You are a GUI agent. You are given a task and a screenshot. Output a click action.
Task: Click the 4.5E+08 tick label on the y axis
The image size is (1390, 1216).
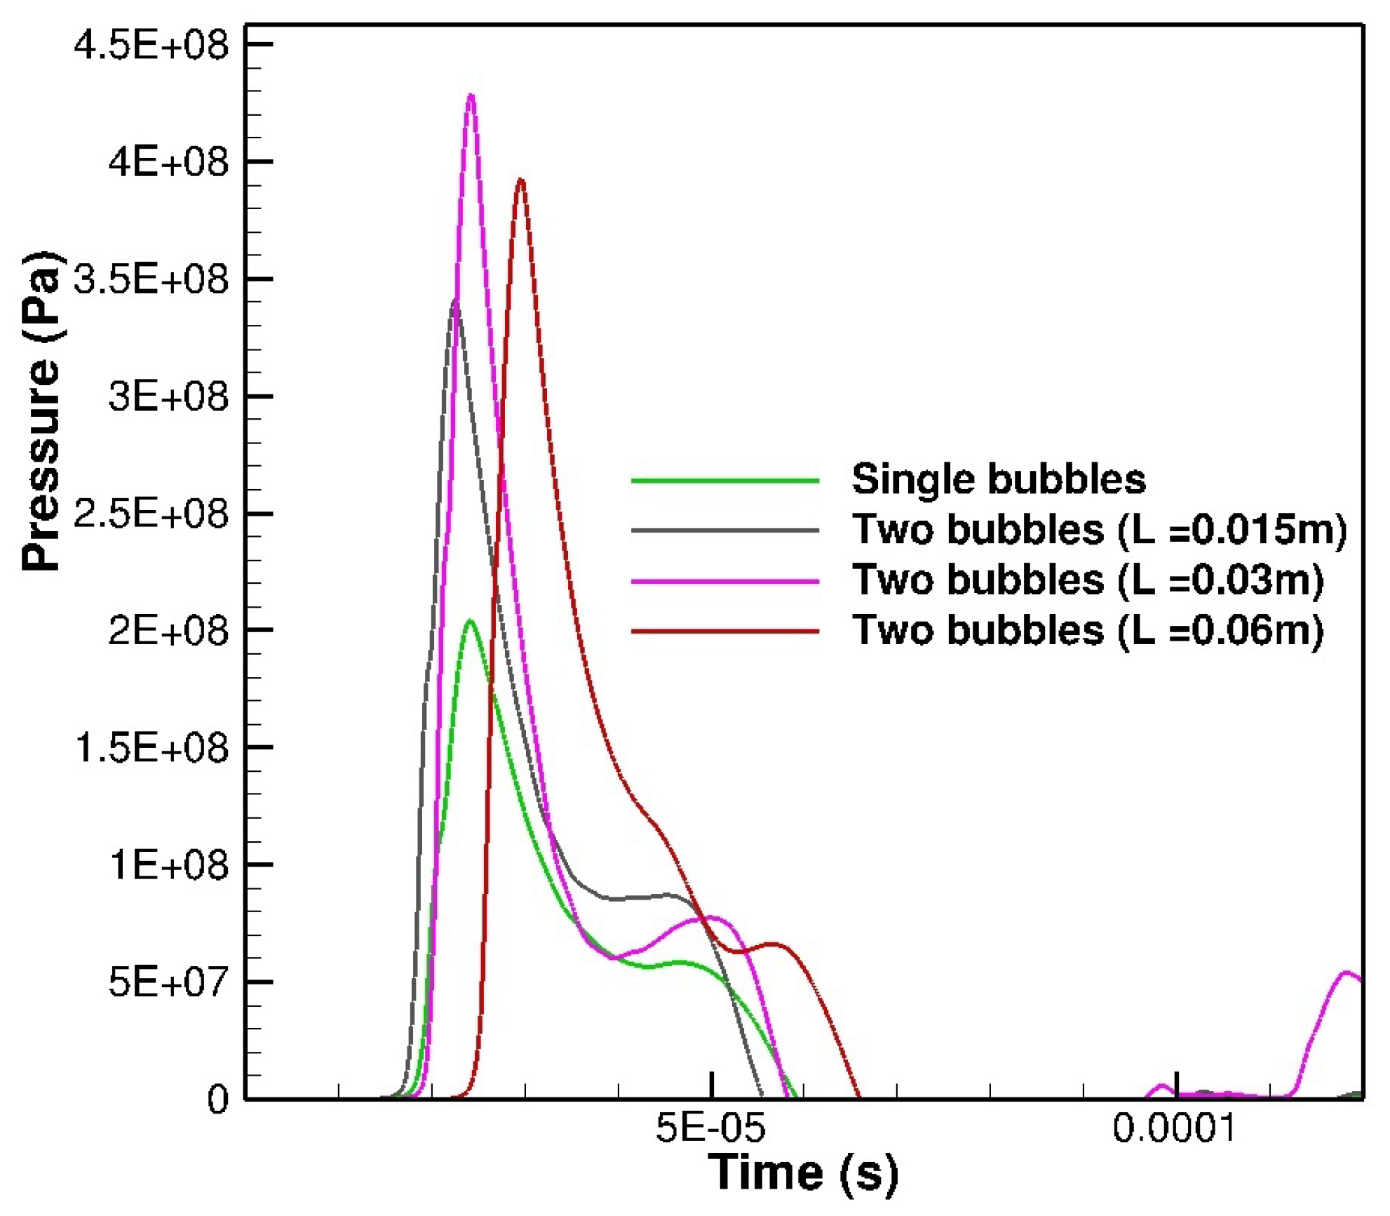(x=151, y=46)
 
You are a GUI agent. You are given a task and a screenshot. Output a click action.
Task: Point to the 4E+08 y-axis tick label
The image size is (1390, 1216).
(x=168, y=163)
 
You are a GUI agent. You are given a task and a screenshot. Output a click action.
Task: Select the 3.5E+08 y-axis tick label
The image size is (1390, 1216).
(x=151, y=280)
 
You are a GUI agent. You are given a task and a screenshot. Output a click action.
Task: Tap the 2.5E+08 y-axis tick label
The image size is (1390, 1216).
(x=151, y=514)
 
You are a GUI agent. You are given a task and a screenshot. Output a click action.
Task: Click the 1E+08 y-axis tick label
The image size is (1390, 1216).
(x=168, y=865)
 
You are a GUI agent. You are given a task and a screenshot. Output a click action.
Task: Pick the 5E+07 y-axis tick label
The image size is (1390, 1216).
(x=168, y=982)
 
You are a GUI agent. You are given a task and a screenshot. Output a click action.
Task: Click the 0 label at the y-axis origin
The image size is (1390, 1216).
(x=217, y=1100)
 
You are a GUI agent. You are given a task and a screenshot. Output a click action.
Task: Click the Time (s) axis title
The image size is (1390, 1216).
(x=802, y=1172)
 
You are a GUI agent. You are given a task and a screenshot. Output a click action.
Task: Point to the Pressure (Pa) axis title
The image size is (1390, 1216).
(x=42, y=412)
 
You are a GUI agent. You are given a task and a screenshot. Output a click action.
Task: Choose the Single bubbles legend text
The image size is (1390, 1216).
(x=998, y=480)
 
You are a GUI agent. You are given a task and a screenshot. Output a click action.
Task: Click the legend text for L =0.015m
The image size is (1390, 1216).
(x=1099, y=530)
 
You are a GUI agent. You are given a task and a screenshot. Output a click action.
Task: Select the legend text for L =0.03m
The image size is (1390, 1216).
(x=1088, y=581)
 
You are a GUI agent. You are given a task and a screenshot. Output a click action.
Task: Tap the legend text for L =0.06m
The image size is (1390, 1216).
(x=1088, y=631)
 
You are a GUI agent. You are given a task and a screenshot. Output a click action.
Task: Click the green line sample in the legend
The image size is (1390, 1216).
(x=724, y=481)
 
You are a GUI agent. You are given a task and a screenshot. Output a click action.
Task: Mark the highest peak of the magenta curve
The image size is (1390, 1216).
(x=471, y=95)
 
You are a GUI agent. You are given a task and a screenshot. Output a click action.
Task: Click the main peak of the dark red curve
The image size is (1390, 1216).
(x=520, y=180)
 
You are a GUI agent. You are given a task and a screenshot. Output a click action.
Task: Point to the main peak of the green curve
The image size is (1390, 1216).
(x=470, y=621)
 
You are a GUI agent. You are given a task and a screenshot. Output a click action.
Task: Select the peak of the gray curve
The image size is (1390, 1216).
(x=456, y=300)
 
